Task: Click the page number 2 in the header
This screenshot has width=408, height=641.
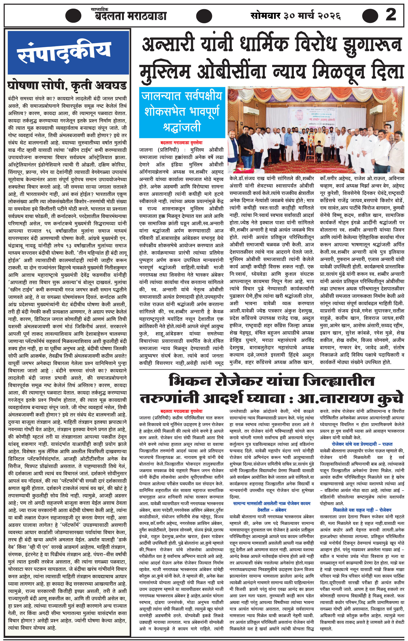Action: (x=391, y=15)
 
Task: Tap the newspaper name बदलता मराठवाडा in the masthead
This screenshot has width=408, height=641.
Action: (x=131, y=16)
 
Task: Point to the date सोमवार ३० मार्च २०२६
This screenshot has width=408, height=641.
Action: (x=296, y=15)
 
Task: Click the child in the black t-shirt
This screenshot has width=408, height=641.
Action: (x=302, y=147)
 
